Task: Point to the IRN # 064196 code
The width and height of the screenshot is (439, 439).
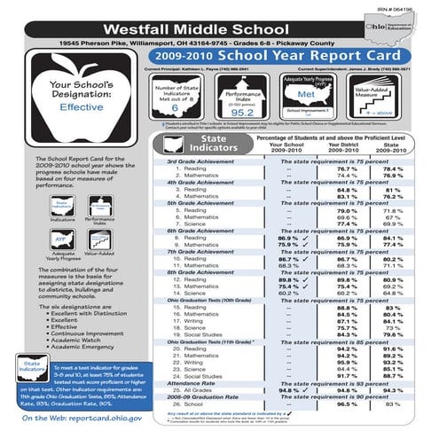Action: [x=409, y=5]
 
